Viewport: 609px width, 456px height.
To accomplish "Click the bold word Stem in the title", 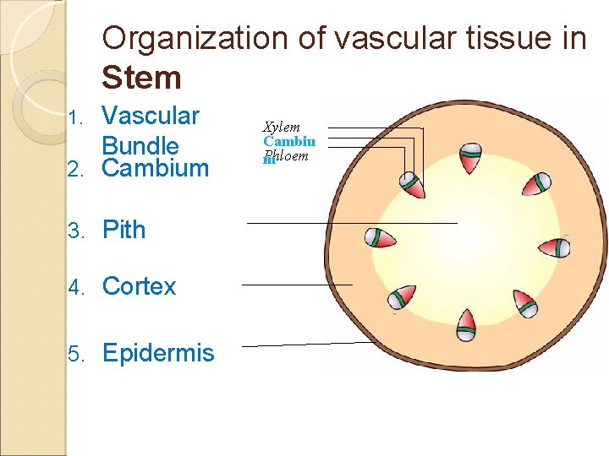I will pyautogui.click(x=141, y=78).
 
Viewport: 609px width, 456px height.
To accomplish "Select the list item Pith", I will pyautogui.click(x=123, y=230).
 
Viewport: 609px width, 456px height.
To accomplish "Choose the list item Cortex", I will pyautogui.click(x=139, y=286).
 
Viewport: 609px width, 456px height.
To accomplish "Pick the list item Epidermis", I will pyautogui.click(x=158, y=352).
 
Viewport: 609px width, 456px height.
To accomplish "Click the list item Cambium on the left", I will pyautogui.click(x=155, y=168).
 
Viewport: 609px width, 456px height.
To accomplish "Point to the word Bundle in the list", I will pyautogui.click(x=140, y=145).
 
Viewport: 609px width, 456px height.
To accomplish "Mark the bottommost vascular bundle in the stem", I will pyautogui.click(x=466, y=323).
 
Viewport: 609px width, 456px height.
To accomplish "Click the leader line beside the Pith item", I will pyautogui.click(x=351, y=222).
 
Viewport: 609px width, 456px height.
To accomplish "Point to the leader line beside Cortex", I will pyautogui.click(x=296, y=285).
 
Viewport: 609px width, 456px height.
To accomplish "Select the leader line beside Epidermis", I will pyautogui.click(x=304, y=345).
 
